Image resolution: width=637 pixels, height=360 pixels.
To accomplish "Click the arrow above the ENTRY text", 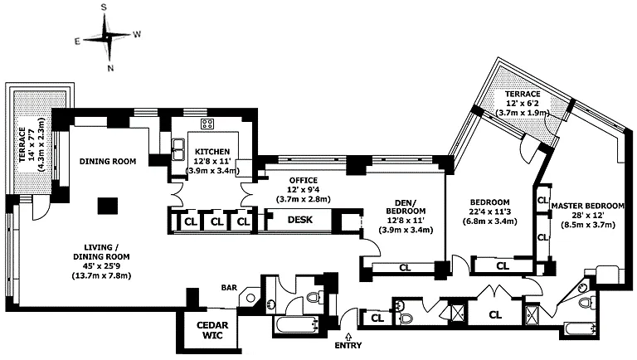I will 348,334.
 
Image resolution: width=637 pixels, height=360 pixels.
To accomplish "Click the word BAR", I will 230,288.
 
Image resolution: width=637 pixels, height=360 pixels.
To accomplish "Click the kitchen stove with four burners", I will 207,125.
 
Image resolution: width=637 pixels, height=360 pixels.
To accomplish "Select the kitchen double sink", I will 178,149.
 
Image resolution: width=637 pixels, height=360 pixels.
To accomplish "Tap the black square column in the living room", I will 105,205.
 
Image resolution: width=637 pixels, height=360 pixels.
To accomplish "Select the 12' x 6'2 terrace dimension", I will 523,104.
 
